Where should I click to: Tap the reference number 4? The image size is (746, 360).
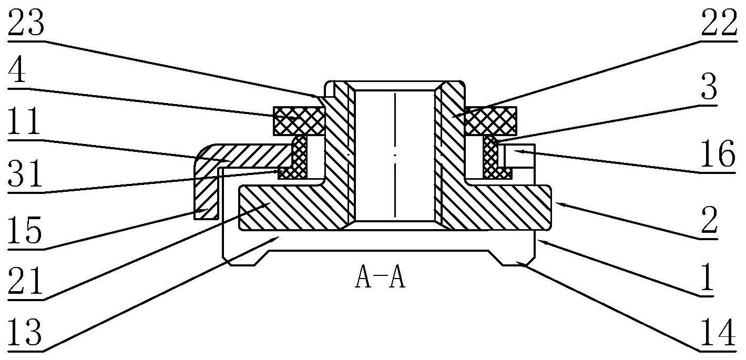coord(17,69)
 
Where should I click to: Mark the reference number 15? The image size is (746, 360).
coord(25,229)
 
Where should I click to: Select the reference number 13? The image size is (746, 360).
coord(25,332)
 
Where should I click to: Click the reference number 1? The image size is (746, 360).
coord(707,276)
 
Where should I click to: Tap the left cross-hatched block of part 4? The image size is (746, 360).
coord(299,121)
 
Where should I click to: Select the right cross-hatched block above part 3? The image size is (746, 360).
coord(491,121)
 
